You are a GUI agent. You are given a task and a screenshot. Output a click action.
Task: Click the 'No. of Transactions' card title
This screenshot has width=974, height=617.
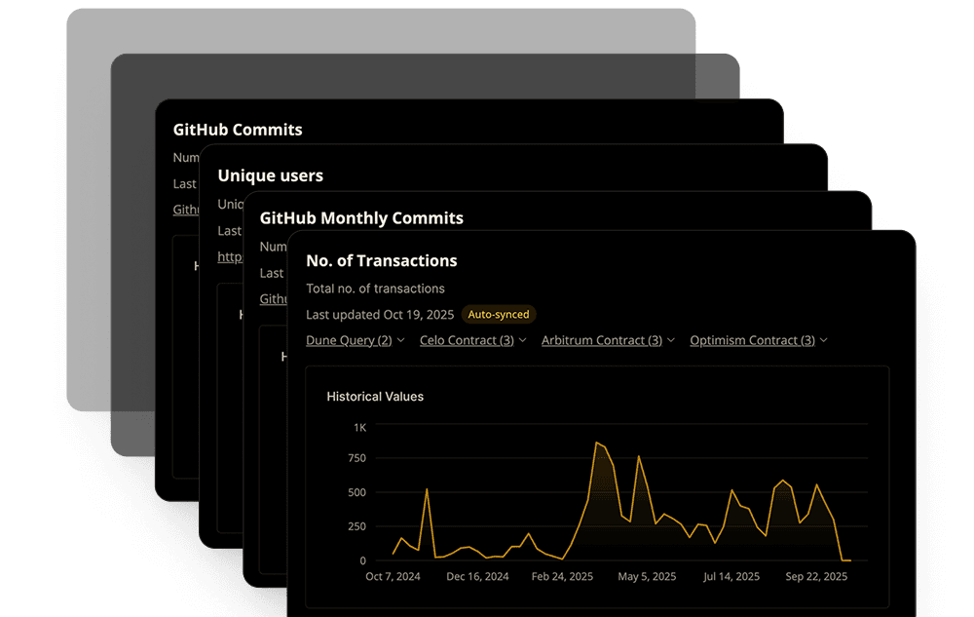pos(381,260)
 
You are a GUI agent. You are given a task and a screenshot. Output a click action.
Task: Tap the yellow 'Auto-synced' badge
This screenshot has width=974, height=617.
pos(499,315)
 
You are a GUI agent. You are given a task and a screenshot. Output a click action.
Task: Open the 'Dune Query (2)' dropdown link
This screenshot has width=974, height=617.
pos(349,340)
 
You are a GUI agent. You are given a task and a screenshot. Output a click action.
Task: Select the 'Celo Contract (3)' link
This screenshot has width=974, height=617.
pos(467,340)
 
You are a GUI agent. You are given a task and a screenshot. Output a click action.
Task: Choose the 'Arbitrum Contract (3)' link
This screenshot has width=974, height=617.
pos(601,340)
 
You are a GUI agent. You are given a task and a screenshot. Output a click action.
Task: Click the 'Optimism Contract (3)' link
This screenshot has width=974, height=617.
pos(752,340)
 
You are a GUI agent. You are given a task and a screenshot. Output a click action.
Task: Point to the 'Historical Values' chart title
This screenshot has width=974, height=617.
pos(375,397)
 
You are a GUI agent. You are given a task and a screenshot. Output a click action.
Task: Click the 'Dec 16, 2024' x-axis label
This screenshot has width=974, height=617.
pos(478,577)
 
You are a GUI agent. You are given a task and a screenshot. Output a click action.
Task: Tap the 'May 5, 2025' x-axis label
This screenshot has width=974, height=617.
pos(647,577)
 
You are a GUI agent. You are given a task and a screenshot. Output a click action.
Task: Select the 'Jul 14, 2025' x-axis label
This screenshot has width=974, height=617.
pos(732,577)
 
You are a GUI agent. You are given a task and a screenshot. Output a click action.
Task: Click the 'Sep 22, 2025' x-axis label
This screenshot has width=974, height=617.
pos(816,577)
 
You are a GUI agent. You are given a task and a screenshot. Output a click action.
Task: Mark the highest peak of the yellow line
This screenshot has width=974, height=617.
pos(596,443)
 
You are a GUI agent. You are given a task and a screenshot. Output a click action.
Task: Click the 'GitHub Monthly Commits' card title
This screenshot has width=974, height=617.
pos(361,218)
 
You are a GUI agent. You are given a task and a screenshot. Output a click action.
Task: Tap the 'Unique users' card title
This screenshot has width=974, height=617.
pos(270,176)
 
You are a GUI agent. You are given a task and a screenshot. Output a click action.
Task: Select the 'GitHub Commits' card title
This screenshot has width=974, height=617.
pos(238,130)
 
